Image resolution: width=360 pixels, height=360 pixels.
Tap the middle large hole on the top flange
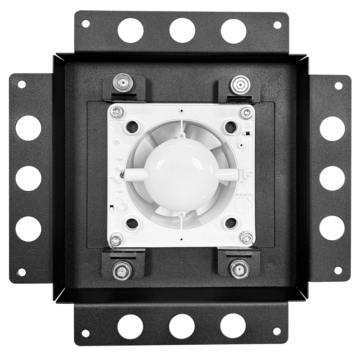pyautogui.click(x=182, y=31)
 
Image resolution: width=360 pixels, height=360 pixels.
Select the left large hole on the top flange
pyautogui.click(x=130, y=31)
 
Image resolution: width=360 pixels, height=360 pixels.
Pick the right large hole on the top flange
pyautogui.click(x=234, y=31)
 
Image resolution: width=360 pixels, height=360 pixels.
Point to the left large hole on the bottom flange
pyautogui.click(x=130, y=326)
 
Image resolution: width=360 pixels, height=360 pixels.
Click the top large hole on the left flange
pyautogui.click(x=28, y=128)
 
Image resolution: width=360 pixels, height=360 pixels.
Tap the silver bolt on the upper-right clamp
pyautogui.click(x=238, y=84)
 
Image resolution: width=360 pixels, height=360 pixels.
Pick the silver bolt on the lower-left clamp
pyautogui.click(x=121, y=270)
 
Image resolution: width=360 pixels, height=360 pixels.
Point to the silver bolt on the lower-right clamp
pyautogui.click(x=238, y=269)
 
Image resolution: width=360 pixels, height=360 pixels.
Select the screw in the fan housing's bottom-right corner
pyautogui.click(x=246, y=237)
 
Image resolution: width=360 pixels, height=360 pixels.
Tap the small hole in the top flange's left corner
pyautogui.click(x=85, y=23)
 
